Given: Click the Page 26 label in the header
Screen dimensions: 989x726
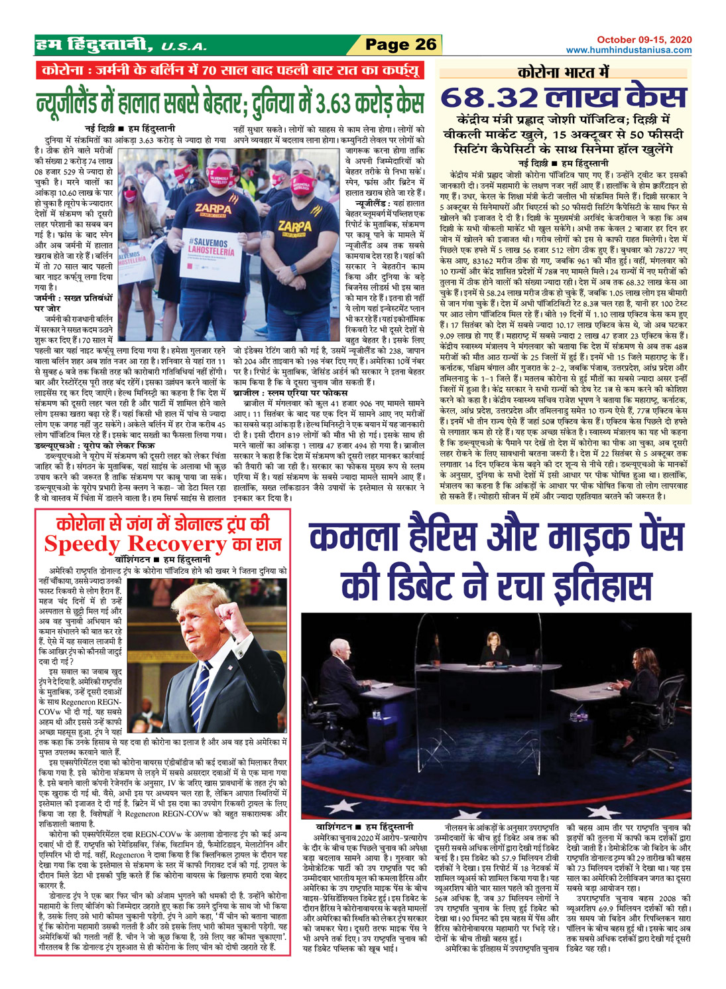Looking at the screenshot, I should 401,44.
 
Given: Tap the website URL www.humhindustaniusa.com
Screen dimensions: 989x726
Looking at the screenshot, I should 629,50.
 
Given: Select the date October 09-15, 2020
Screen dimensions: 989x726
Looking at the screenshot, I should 644,40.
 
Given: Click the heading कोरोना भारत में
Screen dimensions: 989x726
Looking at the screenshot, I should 564,72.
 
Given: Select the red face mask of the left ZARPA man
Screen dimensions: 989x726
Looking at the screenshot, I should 223,175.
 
